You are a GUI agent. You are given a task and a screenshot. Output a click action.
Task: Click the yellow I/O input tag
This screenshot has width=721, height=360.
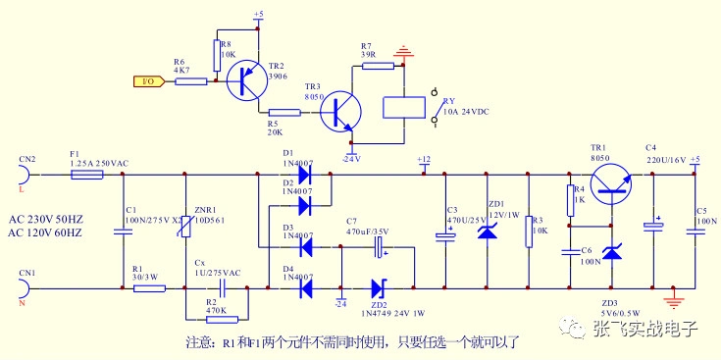click(147, 81)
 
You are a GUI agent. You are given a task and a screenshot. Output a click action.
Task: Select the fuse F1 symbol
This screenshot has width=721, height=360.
click(87, 175)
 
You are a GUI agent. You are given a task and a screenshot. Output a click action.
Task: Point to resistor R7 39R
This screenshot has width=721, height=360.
click(378, 66)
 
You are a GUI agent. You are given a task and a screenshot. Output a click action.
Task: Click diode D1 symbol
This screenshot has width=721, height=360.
click(303, 175)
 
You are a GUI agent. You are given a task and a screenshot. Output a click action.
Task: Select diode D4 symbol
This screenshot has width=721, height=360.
click(303, 288)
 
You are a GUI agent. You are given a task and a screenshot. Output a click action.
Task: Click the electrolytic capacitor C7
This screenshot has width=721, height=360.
click(377, 251)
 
